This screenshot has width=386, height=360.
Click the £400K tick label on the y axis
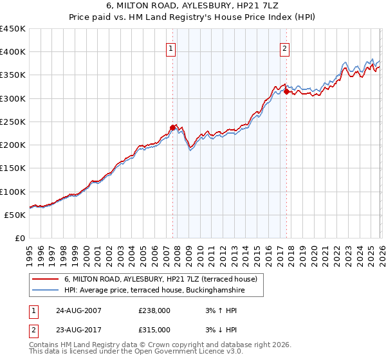coord(13,52)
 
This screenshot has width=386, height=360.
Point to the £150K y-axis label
coord(13,168)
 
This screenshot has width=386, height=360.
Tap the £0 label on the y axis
coord(20,239)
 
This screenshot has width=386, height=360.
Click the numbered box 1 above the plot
coord(171,48)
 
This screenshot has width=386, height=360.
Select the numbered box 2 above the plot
coord(284,48)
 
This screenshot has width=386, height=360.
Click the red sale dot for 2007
coord(172,127)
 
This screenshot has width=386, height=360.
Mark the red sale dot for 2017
coord(286,91)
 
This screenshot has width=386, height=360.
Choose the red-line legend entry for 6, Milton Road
coord(161,279)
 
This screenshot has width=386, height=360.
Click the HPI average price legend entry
coord(154,291)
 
